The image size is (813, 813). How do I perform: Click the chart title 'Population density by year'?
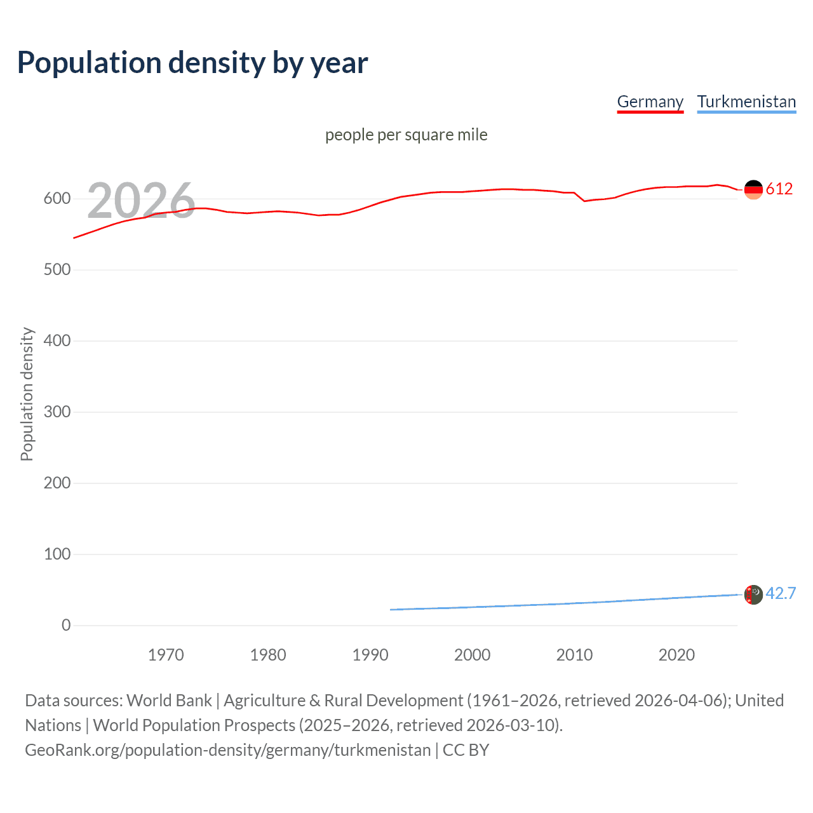point(192,63)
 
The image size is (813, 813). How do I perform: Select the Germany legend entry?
point(650,102)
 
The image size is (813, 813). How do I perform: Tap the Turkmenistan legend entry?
point(746,102)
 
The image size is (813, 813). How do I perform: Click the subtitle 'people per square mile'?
point(406,135)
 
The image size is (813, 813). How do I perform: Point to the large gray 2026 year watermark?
point(141,201)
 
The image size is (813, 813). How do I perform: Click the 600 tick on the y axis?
point(57,199)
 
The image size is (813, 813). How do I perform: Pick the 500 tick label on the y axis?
point(57,270)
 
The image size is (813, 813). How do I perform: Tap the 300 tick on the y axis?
point(57,412)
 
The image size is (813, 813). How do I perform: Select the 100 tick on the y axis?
point(57,554)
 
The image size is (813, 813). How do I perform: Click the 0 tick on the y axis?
point(66,626)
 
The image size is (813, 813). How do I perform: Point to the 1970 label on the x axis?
point(166,655)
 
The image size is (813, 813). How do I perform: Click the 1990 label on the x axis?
point(370,655)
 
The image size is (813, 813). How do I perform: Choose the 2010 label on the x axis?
point(574,655)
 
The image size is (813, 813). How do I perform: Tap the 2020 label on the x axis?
point(676,655)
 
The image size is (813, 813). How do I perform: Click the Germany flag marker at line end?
point(753,189)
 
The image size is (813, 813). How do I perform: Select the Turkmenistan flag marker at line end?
point(753,595)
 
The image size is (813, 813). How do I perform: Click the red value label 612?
point(779,189)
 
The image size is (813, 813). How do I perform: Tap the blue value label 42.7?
point(781,594)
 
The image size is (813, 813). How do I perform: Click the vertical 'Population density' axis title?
point(27,394)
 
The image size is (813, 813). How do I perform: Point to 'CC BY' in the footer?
point(466,750)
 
